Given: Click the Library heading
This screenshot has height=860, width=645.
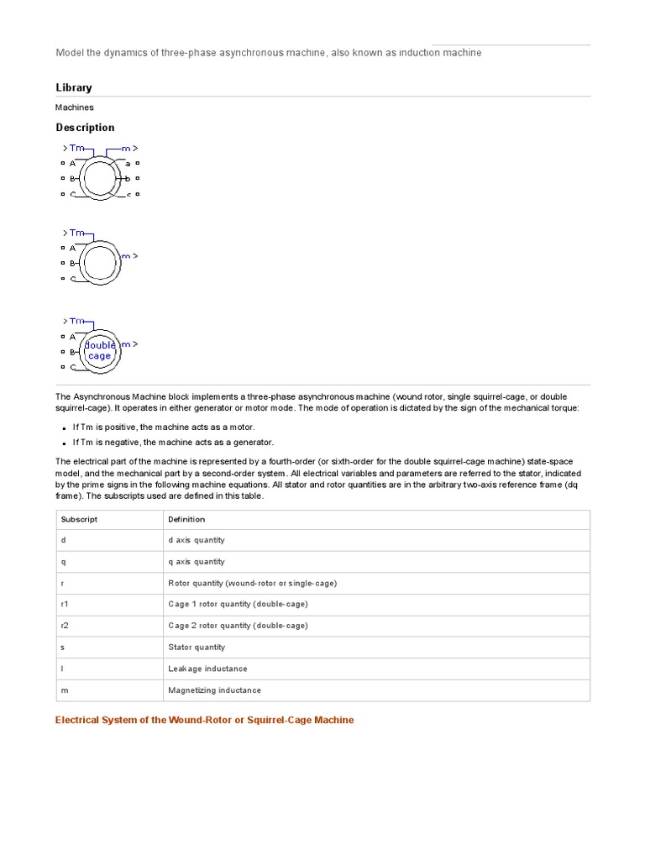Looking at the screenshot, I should click(x=74, y=87).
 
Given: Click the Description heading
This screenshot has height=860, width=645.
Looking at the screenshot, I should click(x=85, y=128).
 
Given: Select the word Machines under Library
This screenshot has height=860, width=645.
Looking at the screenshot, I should click(x=75, y=107).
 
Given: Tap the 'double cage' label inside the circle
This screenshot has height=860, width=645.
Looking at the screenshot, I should click(x=99, y=350).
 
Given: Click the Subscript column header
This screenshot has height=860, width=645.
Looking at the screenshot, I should click(x=79, y=519).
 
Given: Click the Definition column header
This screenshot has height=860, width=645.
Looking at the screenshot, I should click(x=186, y=519).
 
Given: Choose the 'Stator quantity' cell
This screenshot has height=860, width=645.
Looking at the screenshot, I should click(x=197, y=648).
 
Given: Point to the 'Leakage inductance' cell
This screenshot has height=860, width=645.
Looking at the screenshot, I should click(x=207, y=669).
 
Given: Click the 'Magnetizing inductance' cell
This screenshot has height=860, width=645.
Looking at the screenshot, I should click(x=214, y=690).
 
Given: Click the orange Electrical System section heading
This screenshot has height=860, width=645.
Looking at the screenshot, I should click(x=204, y=720).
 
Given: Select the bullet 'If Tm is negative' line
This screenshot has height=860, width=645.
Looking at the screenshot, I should click(x=173, y=443).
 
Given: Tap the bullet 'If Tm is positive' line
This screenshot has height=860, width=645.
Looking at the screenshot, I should click(x=164, y=427).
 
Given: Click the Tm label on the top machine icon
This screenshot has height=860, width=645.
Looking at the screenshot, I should click(x=76, y=149).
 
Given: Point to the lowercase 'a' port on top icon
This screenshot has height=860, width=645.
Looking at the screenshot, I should click(x=128, y=164).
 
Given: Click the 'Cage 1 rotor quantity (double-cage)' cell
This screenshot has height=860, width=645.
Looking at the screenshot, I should click(x=238, y=605).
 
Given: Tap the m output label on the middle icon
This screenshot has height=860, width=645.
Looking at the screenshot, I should click(x=126, y=255).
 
